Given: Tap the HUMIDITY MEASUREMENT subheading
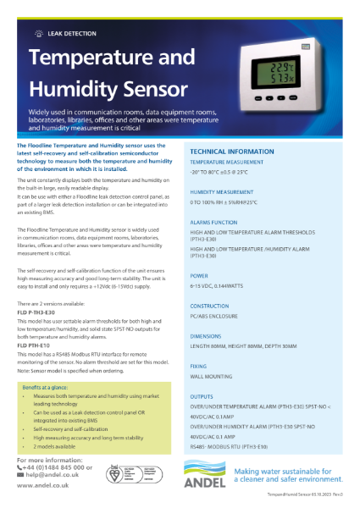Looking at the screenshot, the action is pyautogui.click(x=222, y=192).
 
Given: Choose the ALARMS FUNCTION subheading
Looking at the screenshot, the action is pyautogui.click(x=213, y=222).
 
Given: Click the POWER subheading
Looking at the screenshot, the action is pyautogui.click(x=199, y=275).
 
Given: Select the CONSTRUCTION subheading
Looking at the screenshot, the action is pyautogui.click(x=210, y=306).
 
